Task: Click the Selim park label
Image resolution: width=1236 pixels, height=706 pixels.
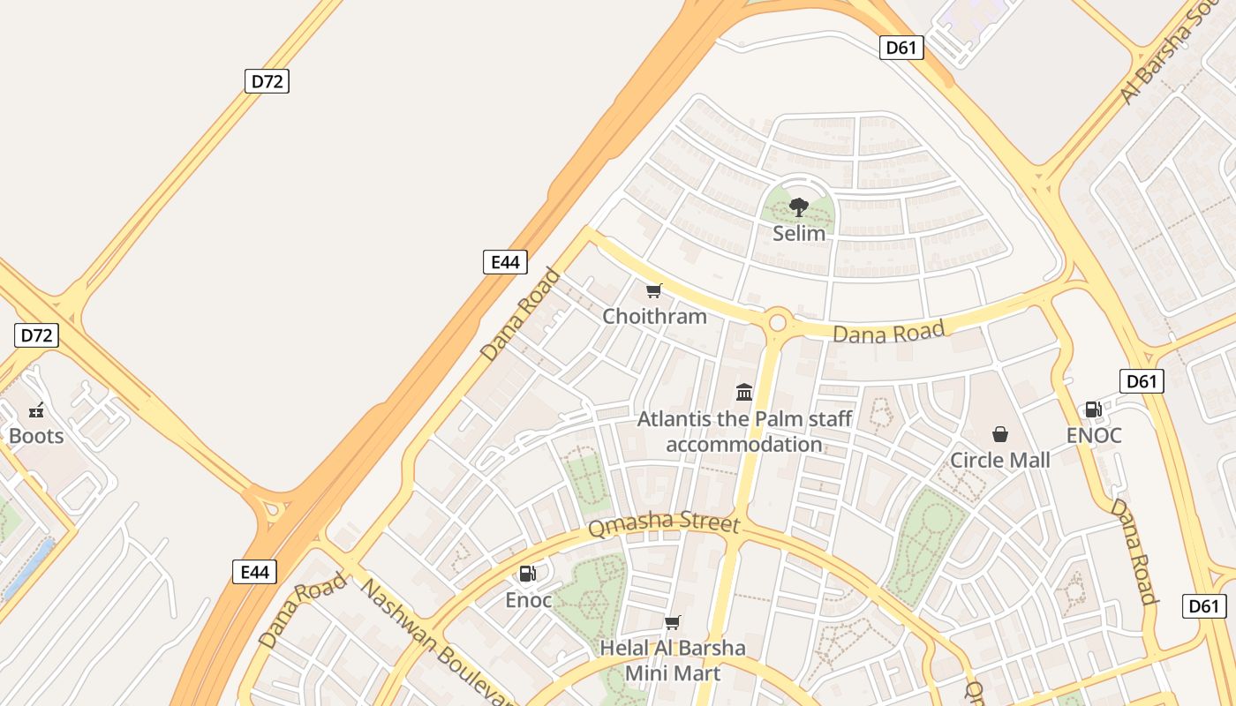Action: (799, 234)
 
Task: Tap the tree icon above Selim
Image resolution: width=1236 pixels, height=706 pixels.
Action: (799, 207)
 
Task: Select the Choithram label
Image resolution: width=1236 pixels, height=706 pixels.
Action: (654, 316)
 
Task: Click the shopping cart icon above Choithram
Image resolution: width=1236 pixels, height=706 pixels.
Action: (654, 290)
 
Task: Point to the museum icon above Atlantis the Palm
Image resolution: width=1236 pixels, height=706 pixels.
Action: (744, 392)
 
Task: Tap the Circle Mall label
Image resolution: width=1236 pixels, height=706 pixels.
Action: (1000, 460)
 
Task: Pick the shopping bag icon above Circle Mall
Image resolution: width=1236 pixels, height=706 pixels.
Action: (1000, 434)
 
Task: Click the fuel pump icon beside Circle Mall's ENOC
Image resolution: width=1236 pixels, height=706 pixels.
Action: (1093, 409)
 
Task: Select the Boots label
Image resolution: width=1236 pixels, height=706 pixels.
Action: (36, 436)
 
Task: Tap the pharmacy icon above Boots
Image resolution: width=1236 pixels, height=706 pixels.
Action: (36, 409)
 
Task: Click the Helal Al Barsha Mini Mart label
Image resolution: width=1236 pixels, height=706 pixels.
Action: (673, 660)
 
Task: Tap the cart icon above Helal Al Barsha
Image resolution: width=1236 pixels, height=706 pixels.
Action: (673, 622)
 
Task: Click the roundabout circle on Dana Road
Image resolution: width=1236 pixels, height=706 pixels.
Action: (778, 323)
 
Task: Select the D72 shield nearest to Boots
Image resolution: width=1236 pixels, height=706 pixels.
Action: (37, 335)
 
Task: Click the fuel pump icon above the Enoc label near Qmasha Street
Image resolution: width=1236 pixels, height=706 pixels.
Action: (528, 575)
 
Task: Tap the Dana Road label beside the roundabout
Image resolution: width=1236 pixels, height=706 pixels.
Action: (889, 333)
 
